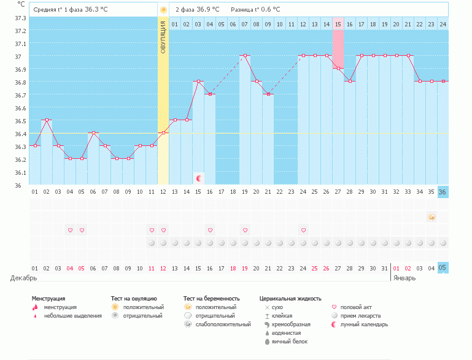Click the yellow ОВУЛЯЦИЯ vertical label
[163, 37]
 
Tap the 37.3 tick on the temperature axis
[20, 18]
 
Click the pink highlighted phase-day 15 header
[338, 24]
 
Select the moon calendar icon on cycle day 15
[198, 178]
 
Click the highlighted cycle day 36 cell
[443, 192]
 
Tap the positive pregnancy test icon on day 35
[431, 217]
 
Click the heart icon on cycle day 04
[70, 230]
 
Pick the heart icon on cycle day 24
[303, 230]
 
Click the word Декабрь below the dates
[23, 278]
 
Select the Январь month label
[404, 278]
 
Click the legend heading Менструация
[48, 299]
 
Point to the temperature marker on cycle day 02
[47, 120]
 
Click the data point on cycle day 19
[245, 55]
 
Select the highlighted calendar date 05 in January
[443, 268]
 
